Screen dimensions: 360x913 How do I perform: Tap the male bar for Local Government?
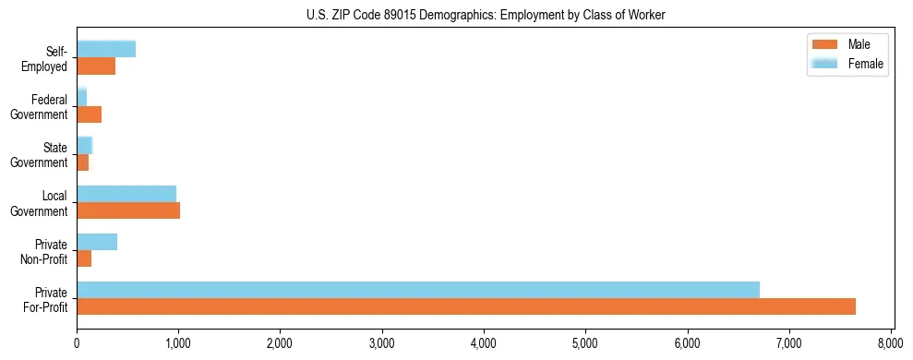point(128,210)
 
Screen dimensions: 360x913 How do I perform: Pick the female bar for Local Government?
point(126,193)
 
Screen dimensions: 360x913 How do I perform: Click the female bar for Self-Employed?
point(106,49)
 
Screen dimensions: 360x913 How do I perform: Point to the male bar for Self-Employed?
point(96,66)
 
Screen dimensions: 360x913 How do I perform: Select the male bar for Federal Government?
point(89,114)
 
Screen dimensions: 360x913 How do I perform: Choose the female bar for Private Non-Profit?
point(97,242)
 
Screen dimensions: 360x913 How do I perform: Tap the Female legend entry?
point(856,64)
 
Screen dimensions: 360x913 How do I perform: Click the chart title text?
point(486,15)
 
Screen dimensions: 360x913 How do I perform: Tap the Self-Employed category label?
point(50,58)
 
